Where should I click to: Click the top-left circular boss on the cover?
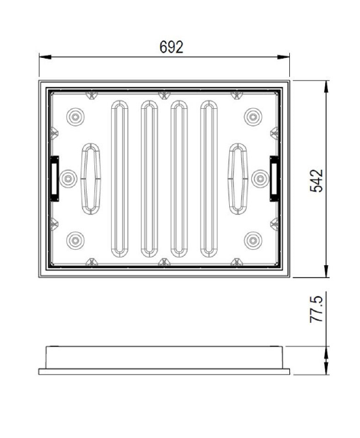point(75,117)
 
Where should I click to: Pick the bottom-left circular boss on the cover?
point(75,240)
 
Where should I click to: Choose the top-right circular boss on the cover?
point(252,117)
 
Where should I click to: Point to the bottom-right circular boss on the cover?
point(252,240)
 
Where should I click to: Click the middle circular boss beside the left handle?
point(68,178)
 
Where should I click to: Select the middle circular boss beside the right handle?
point(259,178)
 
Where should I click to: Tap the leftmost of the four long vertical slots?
point(119,178)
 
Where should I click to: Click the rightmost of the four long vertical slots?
point(208,178)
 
